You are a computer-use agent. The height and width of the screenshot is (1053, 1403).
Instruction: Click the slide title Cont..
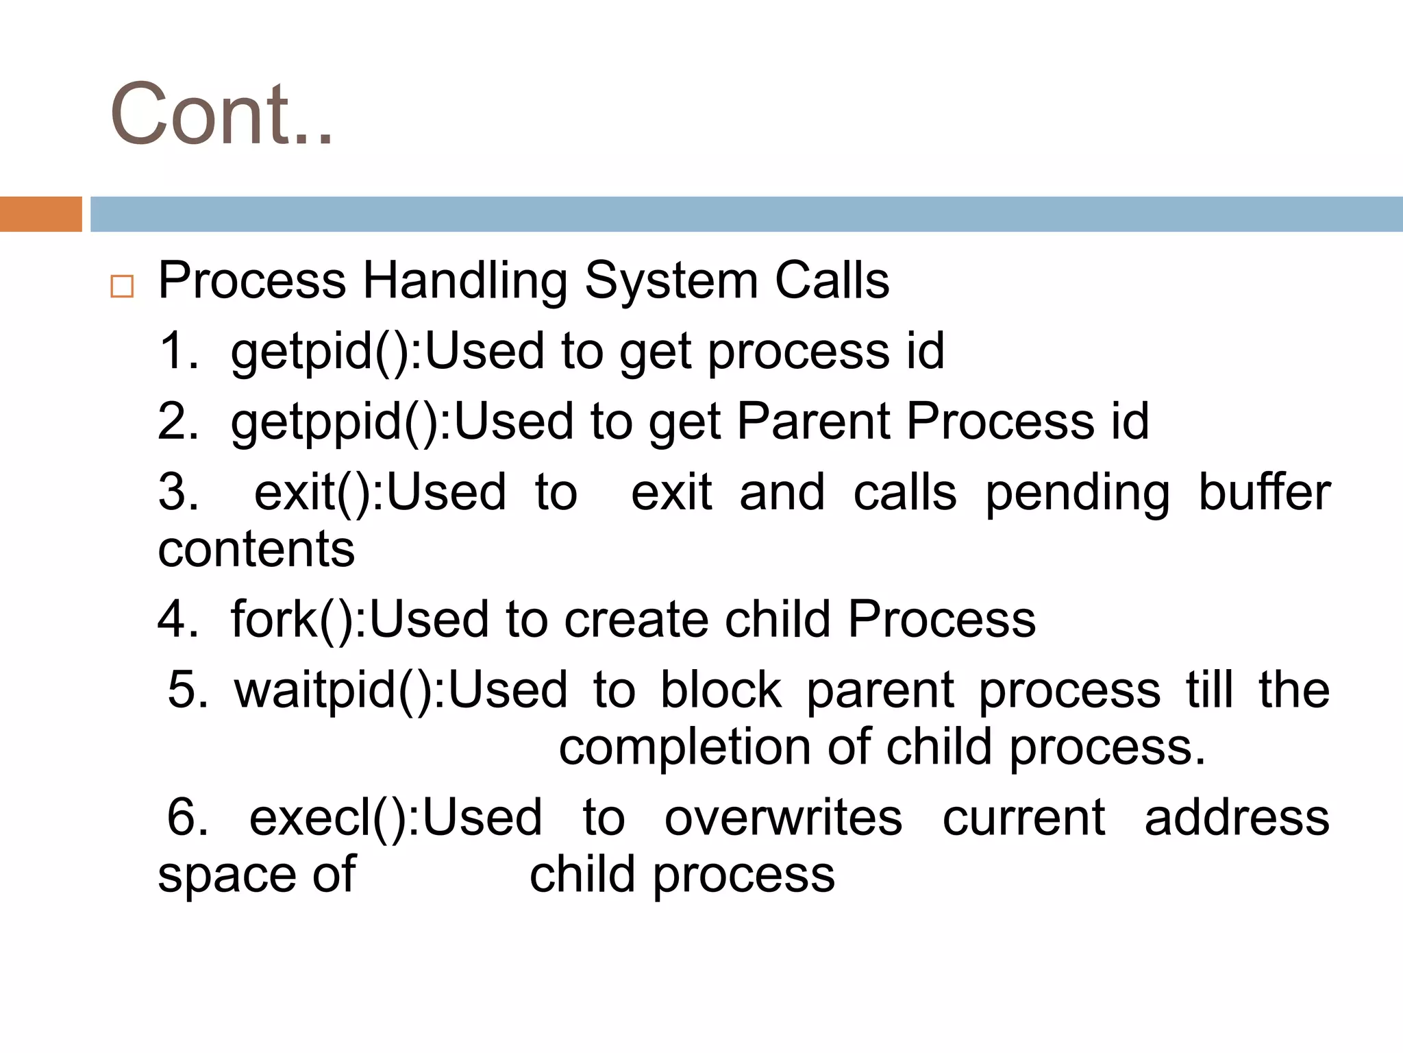(x=221, y=115)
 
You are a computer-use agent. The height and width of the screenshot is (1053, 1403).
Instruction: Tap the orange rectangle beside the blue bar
(x=40, y=214)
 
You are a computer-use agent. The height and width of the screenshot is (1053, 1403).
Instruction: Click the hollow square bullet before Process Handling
(x=122, y=286)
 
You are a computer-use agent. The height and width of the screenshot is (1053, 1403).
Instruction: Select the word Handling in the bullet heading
(x=464, y=281)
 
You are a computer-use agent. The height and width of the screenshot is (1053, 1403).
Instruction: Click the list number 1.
(x=177, y=351)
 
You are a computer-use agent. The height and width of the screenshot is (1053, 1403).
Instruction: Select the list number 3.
(x=178, y=492)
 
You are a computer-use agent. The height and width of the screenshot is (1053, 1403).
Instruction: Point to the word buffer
(x=1264, y=492)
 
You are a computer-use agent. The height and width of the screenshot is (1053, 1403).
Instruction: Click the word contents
(x=256, y=549)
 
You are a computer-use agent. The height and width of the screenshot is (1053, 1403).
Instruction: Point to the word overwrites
(x=783, y=819)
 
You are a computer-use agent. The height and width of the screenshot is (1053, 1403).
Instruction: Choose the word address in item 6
(x=1237, y=819)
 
